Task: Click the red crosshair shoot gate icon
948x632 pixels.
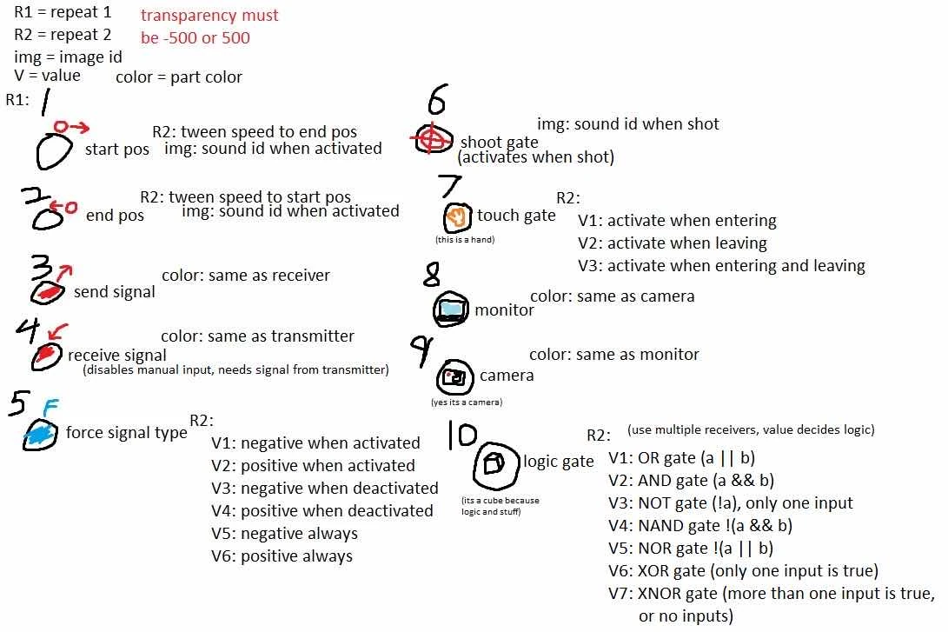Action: [x=432, y=139]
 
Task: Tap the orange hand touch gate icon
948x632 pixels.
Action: [x=457, y=216]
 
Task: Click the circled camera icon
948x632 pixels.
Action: [x=454, y=376]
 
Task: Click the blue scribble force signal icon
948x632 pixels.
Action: [x=40, y=434]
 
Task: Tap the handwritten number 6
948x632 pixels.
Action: [x=437, y=103]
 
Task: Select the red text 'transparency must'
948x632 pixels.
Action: [x=209, y=16]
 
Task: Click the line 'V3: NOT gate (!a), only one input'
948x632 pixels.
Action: [x=731, y=502]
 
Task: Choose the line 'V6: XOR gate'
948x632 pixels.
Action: [x=744, y=571]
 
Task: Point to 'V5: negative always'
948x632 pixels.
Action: [x=284, y=533]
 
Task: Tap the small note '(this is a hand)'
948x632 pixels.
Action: [x=465, y=239]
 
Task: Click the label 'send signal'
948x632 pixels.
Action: [x=114, y=292]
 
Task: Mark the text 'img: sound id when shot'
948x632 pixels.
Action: [x=627, y=124]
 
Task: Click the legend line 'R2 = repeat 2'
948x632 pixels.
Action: [x=63, y=36]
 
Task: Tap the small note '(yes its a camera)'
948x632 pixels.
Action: [x=467, y=402]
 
